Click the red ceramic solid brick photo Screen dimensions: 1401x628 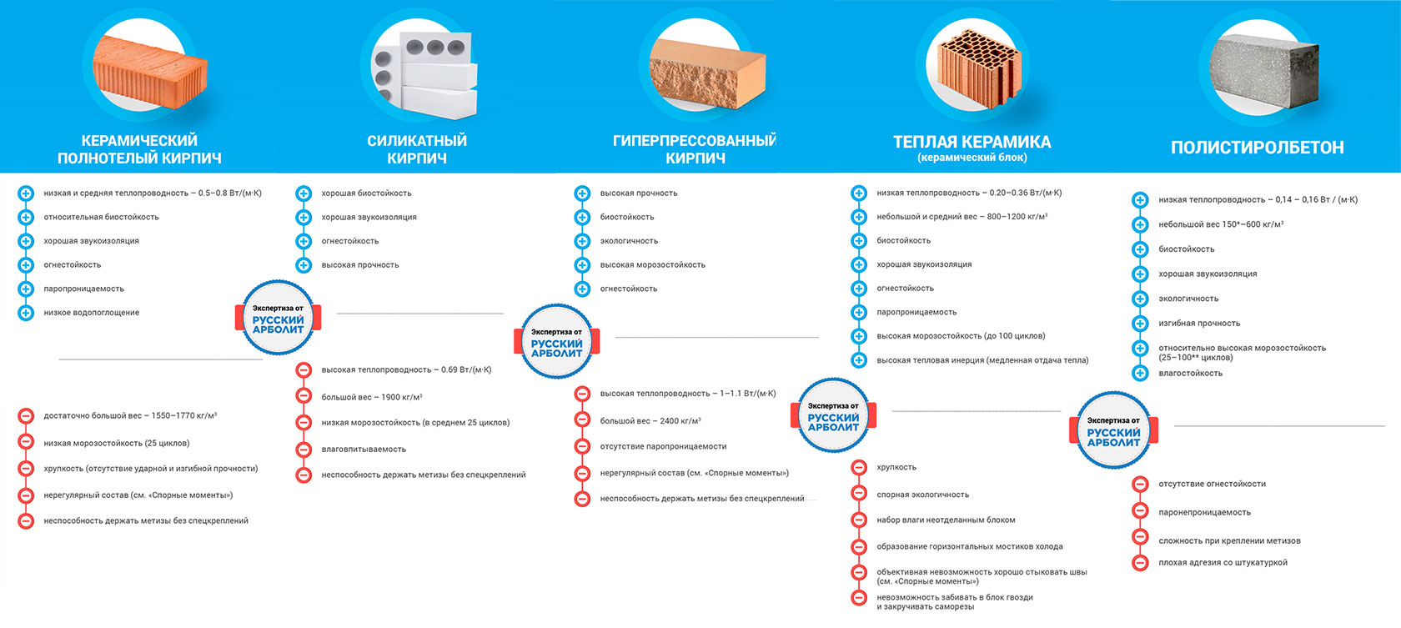pos(150,72)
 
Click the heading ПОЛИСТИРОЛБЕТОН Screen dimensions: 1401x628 pos(1258,148)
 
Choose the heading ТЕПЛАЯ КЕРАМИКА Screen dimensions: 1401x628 pos(972,142)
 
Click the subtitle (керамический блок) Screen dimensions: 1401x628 pos(972,158)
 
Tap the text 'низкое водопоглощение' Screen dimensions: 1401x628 pos(92,313)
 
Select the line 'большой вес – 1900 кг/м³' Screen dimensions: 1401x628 pos(372,397)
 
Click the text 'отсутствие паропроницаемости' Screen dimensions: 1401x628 pos(663,447)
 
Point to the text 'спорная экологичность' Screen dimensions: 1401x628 pos(922,495)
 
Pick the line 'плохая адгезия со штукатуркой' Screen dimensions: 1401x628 pos(1223,563)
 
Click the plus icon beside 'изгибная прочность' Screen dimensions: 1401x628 pos(1140,324)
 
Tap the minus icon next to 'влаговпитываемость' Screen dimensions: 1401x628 pos(304,449)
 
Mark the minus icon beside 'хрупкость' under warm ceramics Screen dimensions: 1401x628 pos(859,467)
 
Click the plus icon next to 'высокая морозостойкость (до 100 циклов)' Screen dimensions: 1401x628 pos(859,336)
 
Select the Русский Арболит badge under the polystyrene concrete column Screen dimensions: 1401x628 pos(1113,430)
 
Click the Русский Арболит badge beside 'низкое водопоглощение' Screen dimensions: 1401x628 pos(278,318)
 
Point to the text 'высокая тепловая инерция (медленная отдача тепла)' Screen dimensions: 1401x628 pos(982,360)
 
